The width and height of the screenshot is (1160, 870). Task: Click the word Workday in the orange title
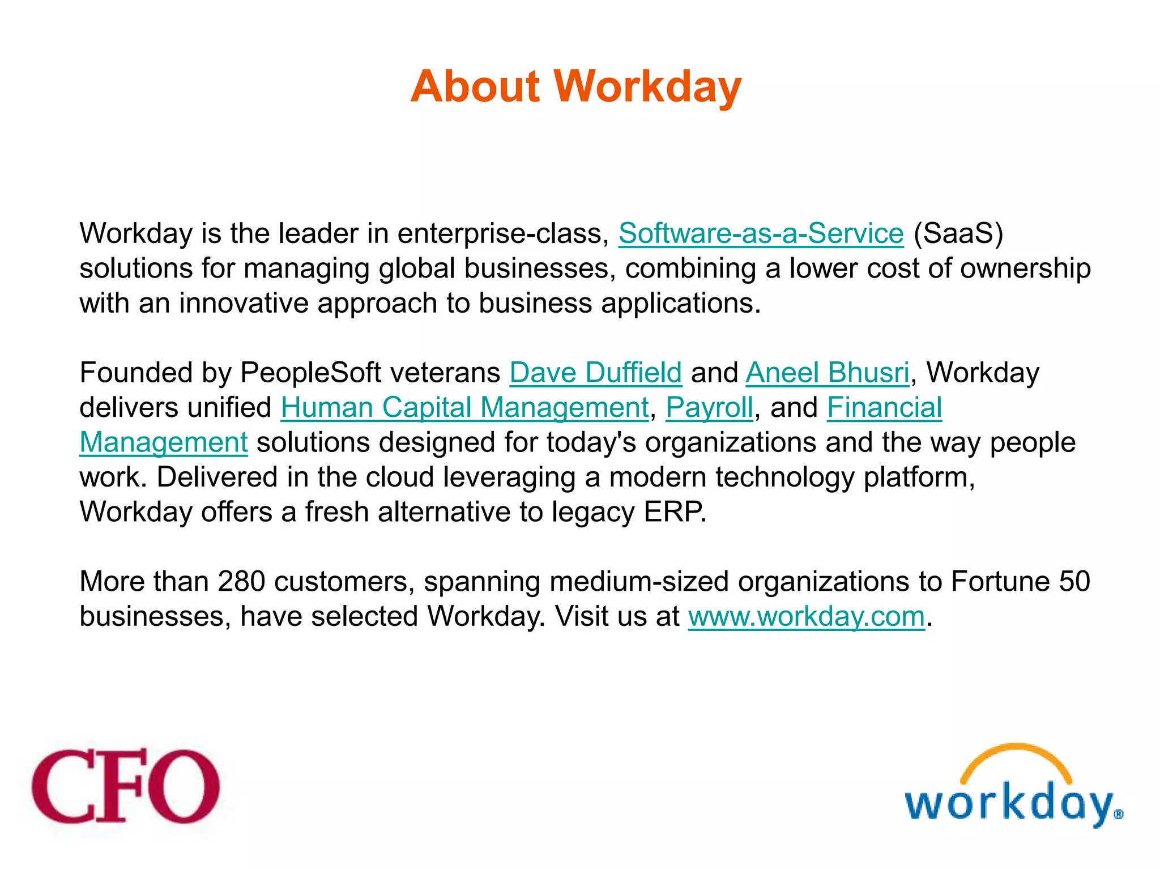pyautogui.click(x=647, y=87)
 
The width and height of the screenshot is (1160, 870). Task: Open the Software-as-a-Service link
pyautogui.click(x=761, y=233)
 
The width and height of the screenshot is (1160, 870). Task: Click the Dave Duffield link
pyautogui.click(x=595, y=373)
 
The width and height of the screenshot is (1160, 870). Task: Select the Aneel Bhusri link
pyautogui.click(x=828, y=373)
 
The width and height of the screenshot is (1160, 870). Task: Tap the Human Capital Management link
pyautogui.click(x=464, y=408)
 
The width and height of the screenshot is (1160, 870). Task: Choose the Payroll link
pyautogui.click(x=709, y=408)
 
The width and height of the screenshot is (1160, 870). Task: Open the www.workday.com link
pyautogui.click(x=807, y=616)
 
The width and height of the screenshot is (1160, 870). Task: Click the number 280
pyautogui.click(x=241, y=582)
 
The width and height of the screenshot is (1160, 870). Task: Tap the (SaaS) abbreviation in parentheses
pyautogui.click(x=958, y=233)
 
